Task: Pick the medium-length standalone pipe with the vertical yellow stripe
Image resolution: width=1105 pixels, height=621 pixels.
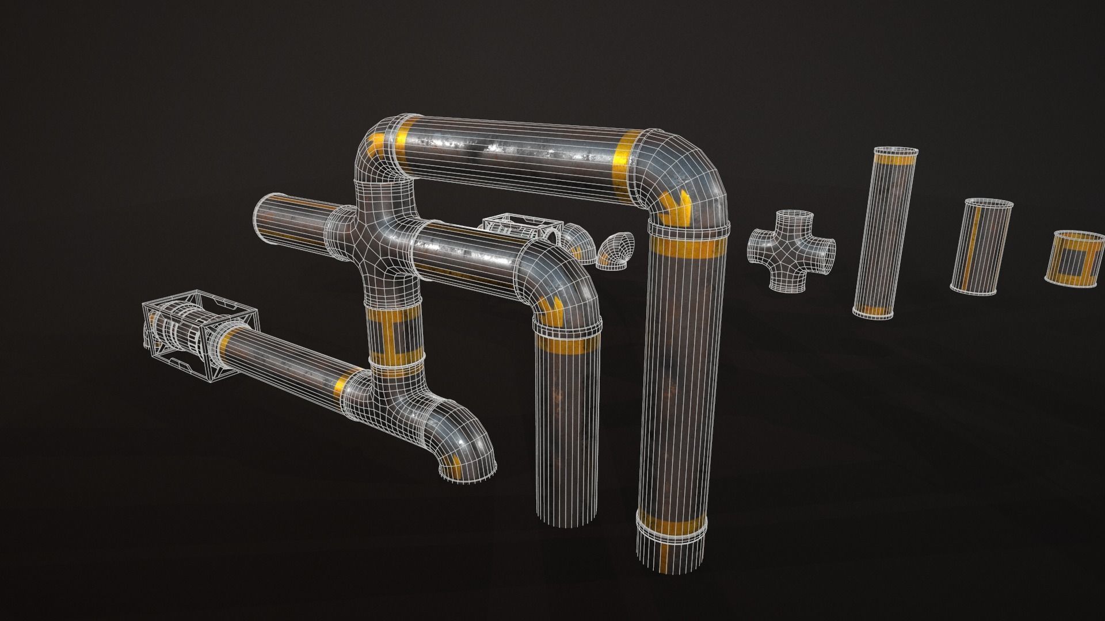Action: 980,246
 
